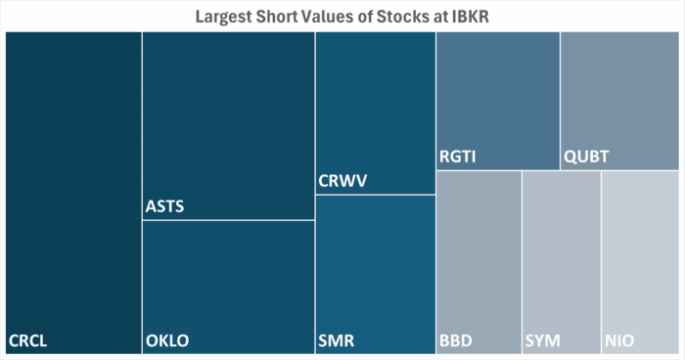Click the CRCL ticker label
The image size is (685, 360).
click(x=28, y=341)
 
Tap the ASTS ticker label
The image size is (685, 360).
click(x=164, y=206)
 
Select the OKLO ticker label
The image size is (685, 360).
click(x=167, y=341)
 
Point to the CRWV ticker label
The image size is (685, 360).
click(x=343, y=181)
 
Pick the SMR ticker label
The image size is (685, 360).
click(x=337, y=341)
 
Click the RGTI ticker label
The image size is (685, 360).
click(x=458, y=157)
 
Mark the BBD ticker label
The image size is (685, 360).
click(x=456, y=341)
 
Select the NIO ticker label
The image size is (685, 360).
click(x=619, y=341)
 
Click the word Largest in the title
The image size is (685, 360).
click(x=226, y=17)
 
